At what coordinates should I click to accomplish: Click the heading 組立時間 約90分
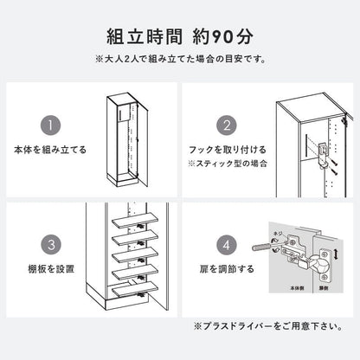(180, 36)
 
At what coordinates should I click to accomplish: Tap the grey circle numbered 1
(50, 125)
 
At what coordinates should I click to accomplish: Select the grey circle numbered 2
(227, 125)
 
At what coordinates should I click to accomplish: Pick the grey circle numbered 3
(51, 245)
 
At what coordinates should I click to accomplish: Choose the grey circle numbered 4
(227, 245)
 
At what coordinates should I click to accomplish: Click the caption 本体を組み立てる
(50, 150)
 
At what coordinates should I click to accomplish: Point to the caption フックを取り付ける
(228, 150)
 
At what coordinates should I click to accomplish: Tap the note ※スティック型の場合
(228, 164)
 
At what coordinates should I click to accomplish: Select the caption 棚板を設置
(51, 269)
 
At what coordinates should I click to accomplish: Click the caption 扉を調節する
(227, 269)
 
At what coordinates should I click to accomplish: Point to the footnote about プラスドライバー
(268, 326)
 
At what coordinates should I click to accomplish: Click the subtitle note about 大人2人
(180, 60)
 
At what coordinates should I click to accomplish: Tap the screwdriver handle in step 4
(261, 247)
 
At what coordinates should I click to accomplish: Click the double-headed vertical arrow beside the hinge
(336, 254)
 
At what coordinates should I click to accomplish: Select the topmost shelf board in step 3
(135, 221)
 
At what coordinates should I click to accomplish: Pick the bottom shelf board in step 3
(135, 289)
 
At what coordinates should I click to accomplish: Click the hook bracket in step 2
(323, 154)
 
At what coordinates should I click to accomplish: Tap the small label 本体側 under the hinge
(297, 288)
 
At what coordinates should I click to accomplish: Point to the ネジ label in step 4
(278, 234)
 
